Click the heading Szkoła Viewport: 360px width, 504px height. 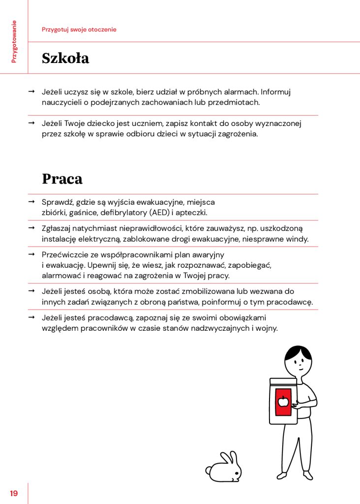point(65,58)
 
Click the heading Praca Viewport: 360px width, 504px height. point(62,179)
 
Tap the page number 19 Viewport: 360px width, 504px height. point(14,493)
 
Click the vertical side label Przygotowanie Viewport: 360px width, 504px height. point(14,41)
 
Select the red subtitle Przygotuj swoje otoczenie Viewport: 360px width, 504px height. point(79,30)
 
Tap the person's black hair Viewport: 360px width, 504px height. point(299,352)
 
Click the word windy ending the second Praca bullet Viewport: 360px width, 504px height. point(299,239)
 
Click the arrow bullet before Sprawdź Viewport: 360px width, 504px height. point(31,202)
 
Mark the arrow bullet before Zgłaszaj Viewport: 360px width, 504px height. point(31,228)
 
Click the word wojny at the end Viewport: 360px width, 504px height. point(267,328)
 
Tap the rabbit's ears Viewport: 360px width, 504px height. point(229,457)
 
